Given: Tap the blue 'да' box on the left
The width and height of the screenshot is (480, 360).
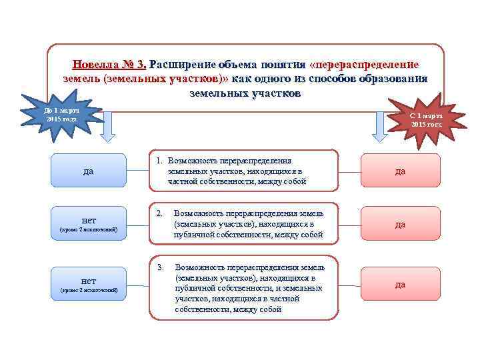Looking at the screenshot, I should pyautogui.click(x=88, y=171).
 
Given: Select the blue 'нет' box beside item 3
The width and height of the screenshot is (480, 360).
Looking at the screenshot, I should pyautogui.click(x=88, y=283).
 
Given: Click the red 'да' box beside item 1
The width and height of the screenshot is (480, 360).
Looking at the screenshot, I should pyautogui.click(x=400, y=171).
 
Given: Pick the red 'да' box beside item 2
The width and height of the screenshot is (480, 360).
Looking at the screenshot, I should pyautogui.click(x=400, y=223).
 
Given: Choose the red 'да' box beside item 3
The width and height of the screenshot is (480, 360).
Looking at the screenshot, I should pyautogui.click(x=400, y=284).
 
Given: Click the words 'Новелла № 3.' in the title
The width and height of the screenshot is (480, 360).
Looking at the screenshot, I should pyautogui.click(x=110, y=65).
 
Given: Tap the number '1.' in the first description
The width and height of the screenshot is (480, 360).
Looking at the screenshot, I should pyautogui.click(x=160, y=161).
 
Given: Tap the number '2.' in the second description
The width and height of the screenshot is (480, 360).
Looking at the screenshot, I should pyautogui.click(x=160, y=213).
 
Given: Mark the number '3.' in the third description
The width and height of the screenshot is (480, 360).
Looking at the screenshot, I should pyautogui.click(x=160, y=267).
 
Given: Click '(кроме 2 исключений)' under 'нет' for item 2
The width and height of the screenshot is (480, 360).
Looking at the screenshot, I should pyautogui.click(x=88, y=230).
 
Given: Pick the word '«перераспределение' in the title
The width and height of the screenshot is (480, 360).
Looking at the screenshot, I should pyautogui.click(x=365, y=65).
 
